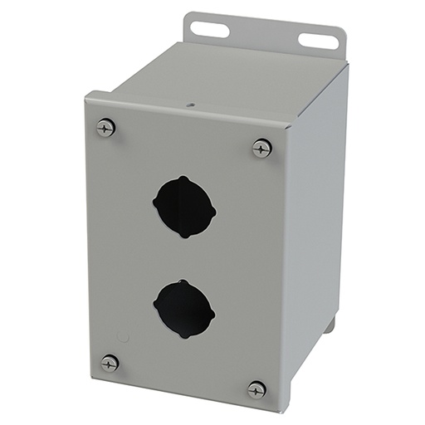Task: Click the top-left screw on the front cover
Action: pos(105,127)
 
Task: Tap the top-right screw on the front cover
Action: pos(261,149)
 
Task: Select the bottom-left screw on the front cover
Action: pos(109,363)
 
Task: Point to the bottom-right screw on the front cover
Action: pos(256,388)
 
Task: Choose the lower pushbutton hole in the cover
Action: pos(184,305)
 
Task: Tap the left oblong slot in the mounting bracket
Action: pos(209,29)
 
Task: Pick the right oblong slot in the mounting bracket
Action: pos(317,40)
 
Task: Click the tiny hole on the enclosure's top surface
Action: pos(189,105)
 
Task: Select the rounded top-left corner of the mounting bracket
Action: pos(190,17)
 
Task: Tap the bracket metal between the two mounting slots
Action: pos(263,35)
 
